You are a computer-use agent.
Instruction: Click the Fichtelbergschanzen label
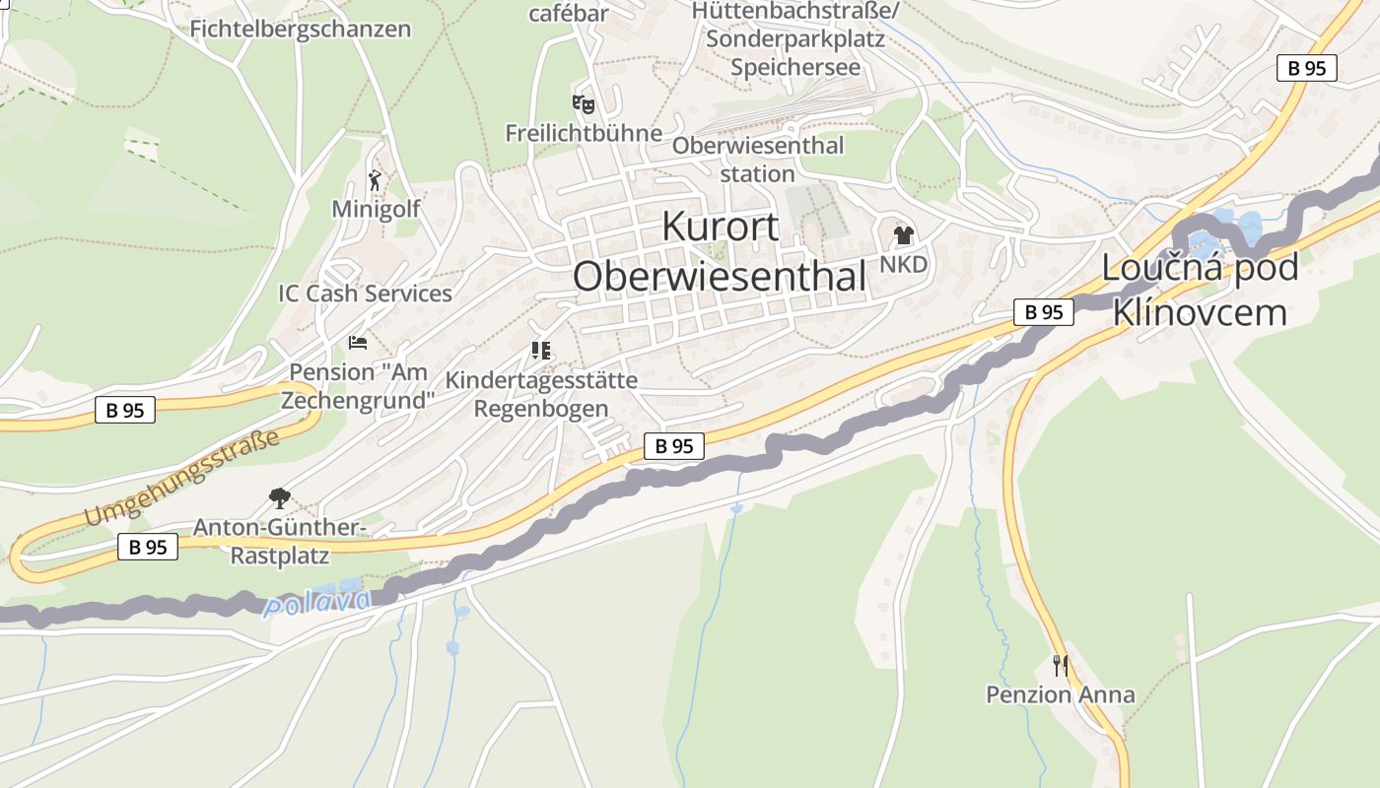[x=300, y=29]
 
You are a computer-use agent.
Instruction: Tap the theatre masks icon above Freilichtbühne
[x=584, y=102]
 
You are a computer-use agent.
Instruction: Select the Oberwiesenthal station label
[x=758, y=160]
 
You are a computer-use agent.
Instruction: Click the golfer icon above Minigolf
[x=375, y=180]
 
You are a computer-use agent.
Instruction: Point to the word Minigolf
[x=376, y=209]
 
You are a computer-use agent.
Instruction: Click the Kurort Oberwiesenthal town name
[x=720, y=252]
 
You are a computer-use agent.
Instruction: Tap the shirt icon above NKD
[x=903, y=235]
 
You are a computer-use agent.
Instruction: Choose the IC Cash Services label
[x=365, y=294]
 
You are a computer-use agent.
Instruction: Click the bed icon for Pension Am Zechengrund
[x=358, y=343]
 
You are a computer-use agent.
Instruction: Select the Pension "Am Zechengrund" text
[x=358, y=386]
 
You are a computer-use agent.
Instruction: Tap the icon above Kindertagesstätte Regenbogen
[x=540, y=351]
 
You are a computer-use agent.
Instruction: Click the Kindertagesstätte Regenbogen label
[x=541, y=394]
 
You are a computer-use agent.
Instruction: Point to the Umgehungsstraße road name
[x=181, y=479]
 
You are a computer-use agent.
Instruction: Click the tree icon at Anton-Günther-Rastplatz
[x=280, y=498]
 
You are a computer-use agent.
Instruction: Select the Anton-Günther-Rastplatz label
[x=280, y=541]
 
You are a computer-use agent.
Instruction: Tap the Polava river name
[x=318, y=602]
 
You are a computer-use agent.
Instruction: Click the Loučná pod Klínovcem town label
[x=1200, y=290]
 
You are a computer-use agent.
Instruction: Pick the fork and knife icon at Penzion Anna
[x=1060, y=666]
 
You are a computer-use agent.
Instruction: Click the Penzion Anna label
[x=1061, y=694]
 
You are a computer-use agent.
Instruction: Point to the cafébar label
[x=569, y=13]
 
